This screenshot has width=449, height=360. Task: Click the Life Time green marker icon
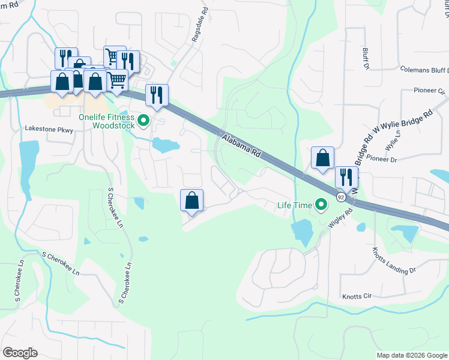pyautogui.click(x=321, y=206)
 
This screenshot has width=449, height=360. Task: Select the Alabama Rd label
pyautogui.click(x=241, y=146)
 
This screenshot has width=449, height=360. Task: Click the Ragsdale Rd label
pyautogui.click(x=199, y=23)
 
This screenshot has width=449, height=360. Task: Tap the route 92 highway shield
pyautogui.click(x=341, y=196)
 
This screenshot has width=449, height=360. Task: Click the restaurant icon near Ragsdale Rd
pyautogui.click(x=157, y=95)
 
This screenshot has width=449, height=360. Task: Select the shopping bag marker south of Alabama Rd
pyautogui.click(x=191, y=200)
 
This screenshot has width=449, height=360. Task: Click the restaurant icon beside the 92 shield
pyautogui.click(x=346, y=177)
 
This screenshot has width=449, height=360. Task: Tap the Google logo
pyautogui.click(x=20, y=353)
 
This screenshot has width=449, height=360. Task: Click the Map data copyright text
pyautogui.click(x=412, y=355)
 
